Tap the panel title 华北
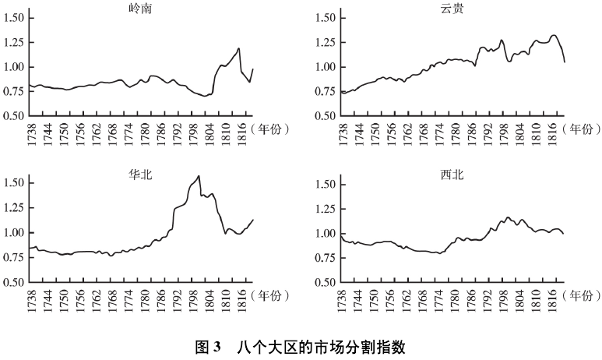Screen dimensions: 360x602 142,174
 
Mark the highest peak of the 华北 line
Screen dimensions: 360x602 199,176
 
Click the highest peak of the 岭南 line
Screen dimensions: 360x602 239,48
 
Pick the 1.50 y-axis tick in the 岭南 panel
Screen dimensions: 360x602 13,18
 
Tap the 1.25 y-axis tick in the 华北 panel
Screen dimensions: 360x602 13,208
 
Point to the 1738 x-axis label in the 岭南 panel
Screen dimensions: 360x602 31,132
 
